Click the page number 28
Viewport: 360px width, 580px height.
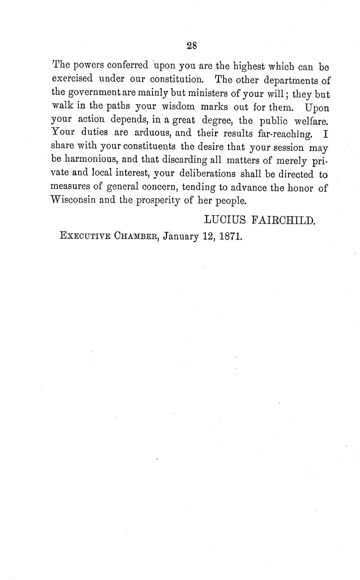coord(192,46)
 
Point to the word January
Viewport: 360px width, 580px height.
coord(180,236)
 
